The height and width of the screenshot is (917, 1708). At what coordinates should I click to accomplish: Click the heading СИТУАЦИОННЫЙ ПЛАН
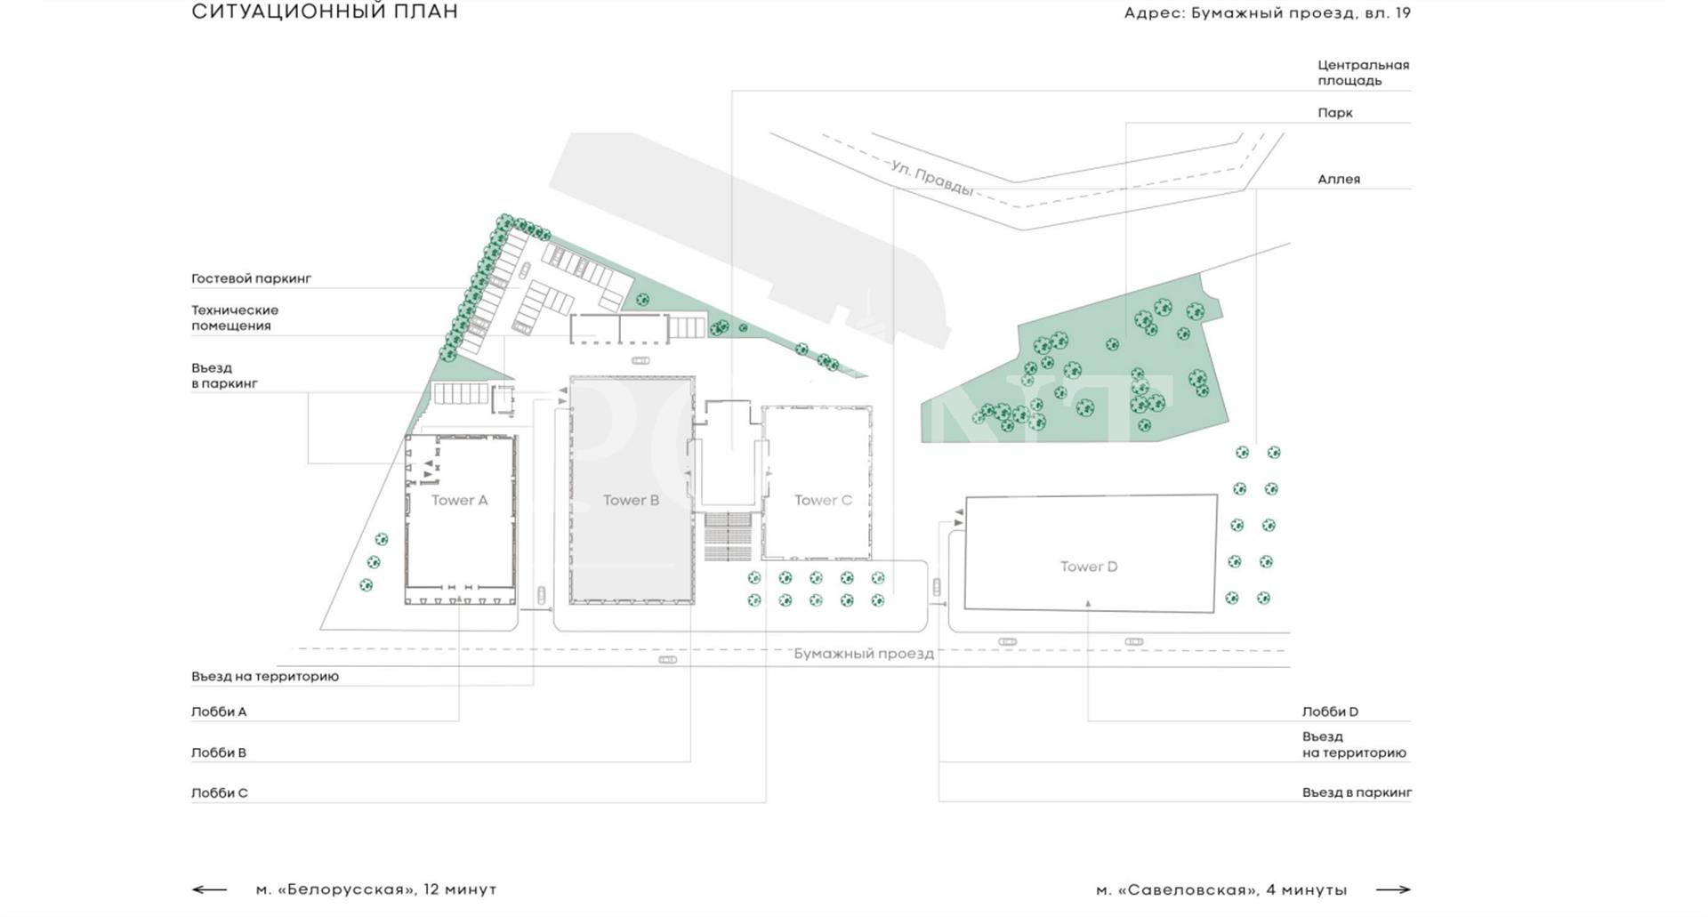(325, 12)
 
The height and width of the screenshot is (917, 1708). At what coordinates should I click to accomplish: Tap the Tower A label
(459, 500)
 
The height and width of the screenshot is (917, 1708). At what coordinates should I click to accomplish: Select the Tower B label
(631, 500)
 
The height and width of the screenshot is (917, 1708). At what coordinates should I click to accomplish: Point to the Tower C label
(823, 500)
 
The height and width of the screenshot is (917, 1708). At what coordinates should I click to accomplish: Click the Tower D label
(1089, 567)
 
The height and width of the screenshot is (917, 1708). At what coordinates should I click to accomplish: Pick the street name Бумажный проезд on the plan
(864, 654)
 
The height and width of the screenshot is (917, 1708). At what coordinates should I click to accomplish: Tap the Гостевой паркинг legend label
(252, 278)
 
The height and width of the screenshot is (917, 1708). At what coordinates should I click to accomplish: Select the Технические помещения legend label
(235, 318)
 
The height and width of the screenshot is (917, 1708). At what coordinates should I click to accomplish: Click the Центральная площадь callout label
(1364, 73)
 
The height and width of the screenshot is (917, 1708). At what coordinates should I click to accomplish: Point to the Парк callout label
(1335, 113)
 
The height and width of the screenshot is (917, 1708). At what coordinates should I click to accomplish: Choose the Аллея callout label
(1339, 180)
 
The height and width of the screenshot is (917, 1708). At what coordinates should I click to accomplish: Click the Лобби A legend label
(219, 712)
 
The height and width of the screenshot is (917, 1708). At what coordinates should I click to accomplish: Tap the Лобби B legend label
(219, 752)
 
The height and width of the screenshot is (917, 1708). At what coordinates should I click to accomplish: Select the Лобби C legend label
(220, 792)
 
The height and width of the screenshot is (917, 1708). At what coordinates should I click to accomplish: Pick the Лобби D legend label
(1330, 712)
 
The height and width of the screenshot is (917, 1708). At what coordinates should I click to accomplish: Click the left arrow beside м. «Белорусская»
(209, 889)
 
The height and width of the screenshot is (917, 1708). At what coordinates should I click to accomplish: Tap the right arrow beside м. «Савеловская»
(1393, 889)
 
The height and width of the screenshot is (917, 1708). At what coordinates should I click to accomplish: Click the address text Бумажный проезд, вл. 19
(1301, 13)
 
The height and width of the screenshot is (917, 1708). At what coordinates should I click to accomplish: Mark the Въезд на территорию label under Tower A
(265, 676)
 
